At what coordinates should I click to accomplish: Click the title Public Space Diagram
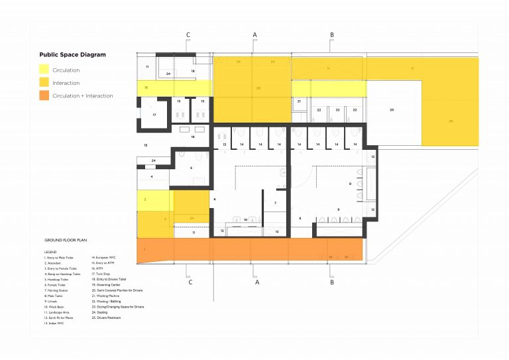point(72,55)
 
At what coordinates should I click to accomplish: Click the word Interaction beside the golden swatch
point(66,83)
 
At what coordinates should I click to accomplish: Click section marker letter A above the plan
point(254,34)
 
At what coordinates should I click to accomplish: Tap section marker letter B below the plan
point(331,282)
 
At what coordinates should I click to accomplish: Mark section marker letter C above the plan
point(188,34)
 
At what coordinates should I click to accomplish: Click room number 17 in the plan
point(154,115)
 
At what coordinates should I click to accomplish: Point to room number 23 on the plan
point(392,109)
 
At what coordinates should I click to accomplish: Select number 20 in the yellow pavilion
point(258,87)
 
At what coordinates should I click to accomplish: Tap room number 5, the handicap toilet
point(191,168)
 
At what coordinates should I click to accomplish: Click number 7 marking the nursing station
point(275,202)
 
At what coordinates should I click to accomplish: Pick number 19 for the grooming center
point(193,70)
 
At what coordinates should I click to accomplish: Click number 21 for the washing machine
point(300,101)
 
